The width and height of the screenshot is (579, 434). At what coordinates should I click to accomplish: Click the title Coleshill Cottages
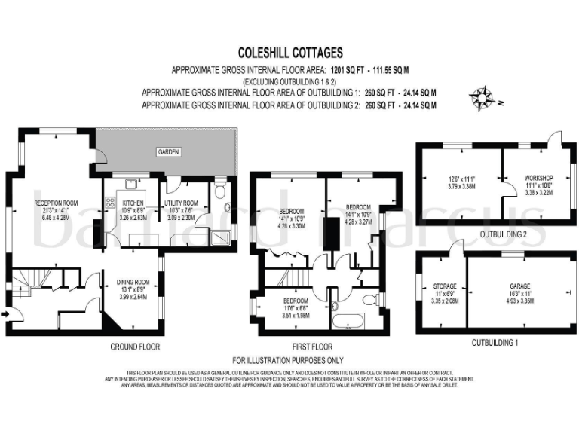[x=289, y=53]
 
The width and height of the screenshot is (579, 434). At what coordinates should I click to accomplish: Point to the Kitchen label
[x=133, y=204]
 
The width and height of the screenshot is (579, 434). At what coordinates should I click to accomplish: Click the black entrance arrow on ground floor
[x=8, y=316]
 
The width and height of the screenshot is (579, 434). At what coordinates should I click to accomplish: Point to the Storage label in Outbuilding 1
[x=444, y=286]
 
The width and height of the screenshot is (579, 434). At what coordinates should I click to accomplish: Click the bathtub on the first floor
[x=348, y=322]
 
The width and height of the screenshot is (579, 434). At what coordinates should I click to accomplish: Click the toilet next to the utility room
[x=220, y=191]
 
